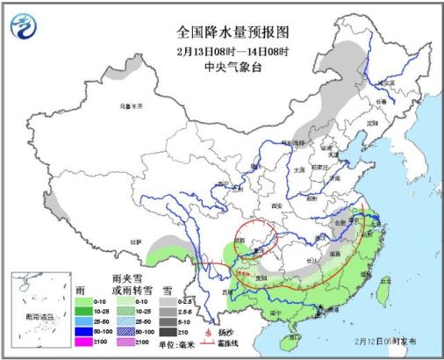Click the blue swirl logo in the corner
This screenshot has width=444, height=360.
(x=22, y=26)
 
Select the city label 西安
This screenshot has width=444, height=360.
(x=278, y=205)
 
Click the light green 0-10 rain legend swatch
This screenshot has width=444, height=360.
(x=87, y=299)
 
